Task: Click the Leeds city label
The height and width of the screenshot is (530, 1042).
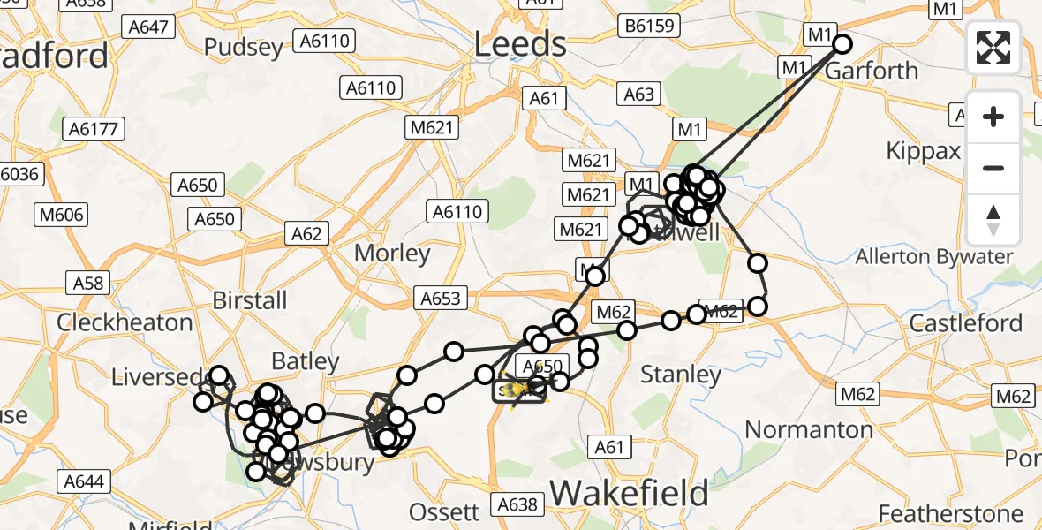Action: [x=520, y=43]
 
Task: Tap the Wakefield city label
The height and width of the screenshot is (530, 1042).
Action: [x=630, y=491]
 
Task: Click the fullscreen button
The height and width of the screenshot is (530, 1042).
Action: [x=993, y=48]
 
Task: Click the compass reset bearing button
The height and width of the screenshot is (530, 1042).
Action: [x=993, y=220]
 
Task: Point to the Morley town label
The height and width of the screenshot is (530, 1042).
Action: [x=392, y=254]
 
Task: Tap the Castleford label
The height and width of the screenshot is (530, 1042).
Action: [x=966, y=322]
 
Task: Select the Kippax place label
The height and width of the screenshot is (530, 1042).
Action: [x=925, y=151]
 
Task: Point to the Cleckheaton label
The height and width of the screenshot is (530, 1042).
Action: [x=125, y=322]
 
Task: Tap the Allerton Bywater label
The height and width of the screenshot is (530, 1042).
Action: [x=934, y=257]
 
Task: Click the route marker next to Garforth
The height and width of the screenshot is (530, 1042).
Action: [x=842, y=44]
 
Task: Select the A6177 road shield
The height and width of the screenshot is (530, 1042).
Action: [x=93, y=129]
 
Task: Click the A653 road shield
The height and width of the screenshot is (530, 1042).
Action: [x=440, y=299]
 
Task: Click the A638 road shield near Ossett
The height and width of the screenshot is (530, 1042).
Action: [x=517, y=504]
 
